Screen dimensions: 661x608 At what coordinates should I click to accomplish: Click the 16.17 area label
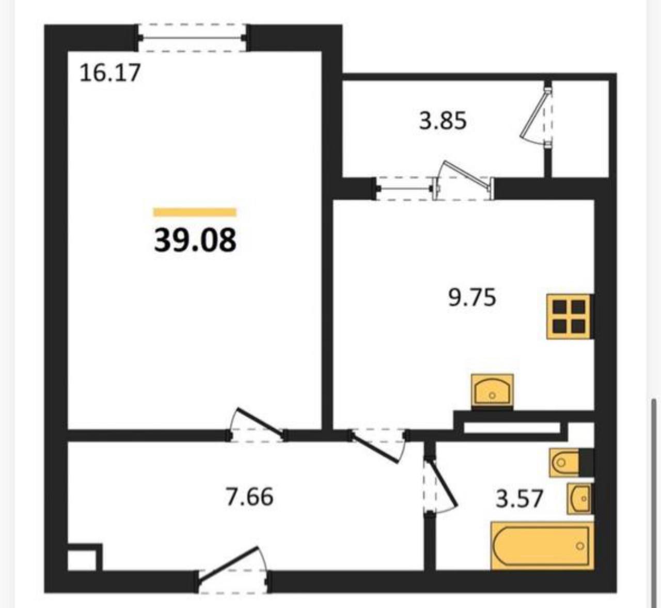point(110,73)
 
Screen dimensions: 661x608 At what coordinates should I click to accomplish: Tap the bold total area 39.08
point(195,240)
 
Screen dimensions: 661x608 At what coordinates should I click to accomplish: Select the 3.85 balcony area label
point(443,121)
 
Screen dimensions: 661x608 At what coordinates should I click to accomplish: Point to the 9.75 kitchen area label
point(472,297)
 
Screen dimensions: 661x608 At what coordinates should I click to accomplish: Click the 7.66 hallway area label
point(250,497)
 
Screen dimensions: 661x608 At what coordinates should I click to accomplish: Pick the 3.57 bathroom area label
point(520,499)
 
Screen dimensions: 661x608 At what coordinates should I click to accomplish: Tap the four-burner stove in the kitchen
point(569,316)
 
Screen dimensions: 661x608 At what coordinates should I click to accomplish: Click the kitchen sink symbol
point(492,391)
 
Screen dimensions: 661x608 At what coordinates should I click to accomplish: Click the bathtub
point(542,546)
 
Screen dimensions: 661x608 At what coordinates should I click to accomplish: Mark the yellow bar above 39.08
point(195,212)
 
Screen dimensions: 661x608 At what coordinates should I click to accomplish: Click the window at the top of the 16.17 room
point(193,38)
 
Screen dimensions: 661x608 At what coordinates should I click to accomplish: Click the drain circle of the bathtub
point(580,547)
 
